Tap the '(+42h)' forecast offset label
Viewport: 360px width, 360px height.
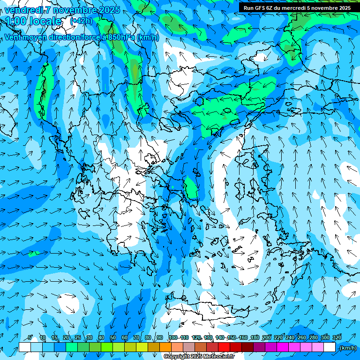click(x=81, y=21)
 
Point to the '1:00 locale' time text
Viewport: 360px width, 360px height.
click(x=34, y=21)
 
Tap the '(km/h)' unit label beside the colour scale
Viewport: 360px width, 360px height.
click(x=347, y=348)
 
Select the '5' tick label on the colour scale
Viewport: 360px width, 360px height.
click(x=30, y=338)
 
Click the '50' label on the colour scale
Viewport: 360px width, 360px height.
click(x=112, y=338)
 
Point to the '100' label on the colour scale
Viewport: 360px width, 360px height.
click(x=172, y=338)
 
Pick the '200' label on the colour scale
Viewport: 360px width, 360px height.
click(x=267, y=338)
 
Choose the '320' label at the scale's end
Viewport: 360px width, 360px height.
click(x=337, y=338)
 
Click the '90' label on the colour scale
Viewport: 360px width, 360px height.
click(x=160, y=338)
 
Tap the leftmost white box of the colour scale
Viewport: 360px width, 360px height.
click(x=25, y=347)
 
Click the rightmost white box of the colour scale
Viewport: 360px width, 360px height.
click(x=330, y=347)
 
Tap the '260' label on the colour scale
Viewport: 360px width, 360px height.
click(x=302, y=338)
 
